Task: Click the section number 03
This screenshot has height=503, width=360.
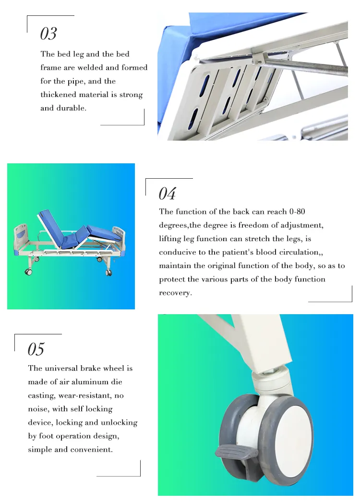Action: coord(48,34)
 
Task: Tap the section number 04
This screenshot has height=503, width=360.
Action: coord(168,194)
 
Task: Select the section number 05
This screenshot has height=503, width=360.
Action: coord(36,349)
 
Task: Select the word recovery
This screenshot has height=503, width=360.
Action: coord(175,293)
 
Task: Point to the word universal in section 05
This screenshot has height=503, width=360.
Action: coord(61,368)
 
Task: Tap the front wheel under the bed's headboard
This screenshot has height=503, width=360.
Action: coord(28,272)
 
